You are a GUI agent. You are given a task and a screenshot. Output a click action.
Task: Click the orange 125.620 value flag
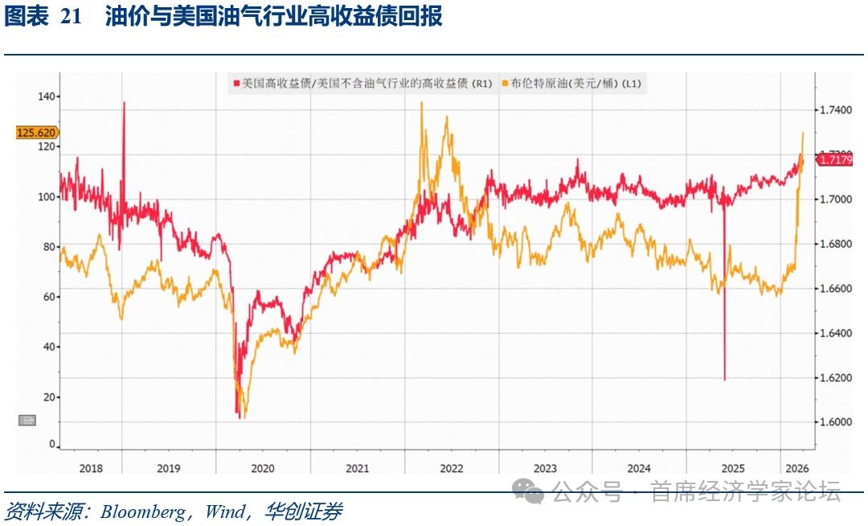(36, 133)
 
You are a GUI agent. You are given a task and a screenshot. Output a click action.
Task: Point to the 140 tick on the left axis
(47, 97)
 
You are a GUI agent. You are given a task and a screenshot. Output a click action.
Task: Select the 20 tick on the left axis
(50, 397)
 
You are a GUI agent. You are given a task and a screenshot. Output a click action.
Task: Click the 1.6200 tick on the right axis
(838, 377)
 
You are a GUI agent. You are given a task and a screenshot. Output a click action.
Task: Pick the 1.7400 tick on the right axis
(838, 109)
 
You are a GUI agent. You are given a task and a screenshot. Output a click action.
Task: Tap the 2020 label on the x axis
(263, 468)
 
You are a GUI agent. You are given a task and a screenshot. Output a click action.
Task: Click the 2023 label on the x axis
(545, 468)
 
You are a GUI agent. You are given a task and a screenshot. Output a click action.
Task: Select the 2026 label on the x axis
(795, 468)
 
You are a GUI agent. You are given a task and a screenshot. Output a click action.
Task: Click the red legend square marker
(236, 84)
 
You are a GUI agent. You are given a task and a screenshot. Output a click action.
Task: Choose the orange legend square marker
(505, 84)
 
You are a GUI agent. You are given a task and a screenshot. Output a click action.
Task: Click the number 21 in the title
(72, 17)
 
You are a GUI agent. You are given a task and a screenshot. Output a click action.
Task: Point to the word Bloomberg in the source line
(143, 512)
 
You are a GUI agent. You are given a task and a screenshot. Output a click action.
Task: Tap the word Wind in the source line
(222, 512)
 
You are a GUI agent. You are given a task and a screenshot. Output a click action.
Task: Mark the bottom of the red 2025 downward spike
(724, 380)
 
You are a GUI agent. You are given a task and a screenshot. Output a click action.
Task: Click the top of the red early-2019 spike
(124, 102)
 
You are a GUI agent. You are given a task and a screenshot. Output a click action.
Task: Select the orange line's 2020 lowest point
(244, 417)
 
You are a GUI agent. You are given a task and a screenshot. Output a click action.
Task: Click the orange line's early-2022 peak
(422, 103)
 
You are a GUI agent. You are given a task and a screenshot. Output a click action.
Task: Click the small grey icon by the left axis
(27, 419)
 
